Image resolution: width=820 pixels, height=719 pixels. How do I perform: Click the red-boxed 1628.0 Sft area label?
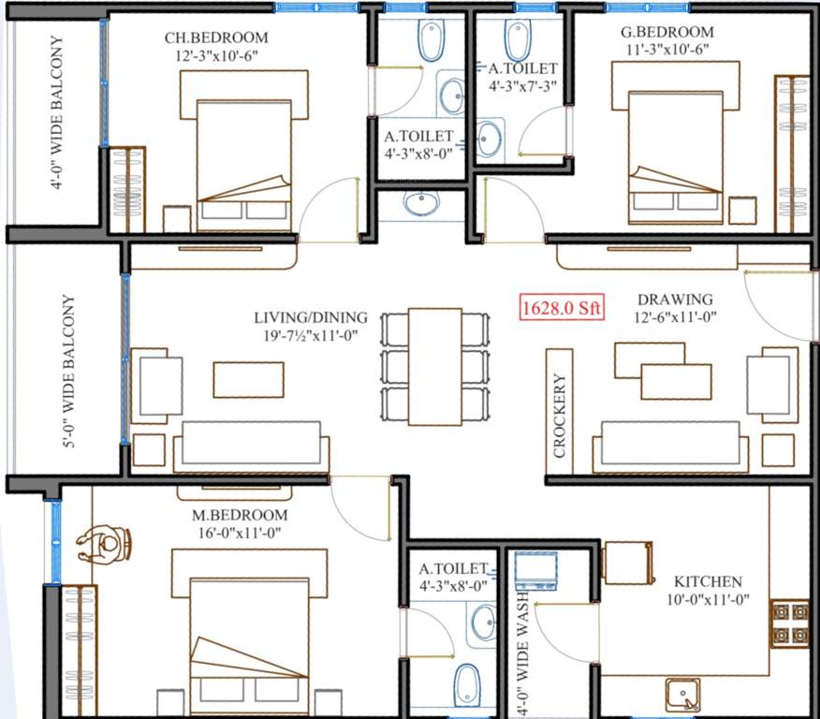tap(563, 307)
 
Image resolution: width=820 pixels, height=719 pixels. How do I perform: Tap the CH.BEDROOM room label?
tap(216, 38)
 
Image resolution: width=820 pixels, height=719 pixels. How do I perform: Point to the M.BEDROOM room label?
tap(242, 515)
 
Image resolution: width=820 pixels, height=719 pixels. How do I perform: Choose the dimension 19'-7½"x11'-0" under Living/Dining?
tap(311, 334)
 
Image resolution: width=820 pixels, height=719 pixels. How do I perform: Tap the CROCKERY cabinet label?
tap(560, 416)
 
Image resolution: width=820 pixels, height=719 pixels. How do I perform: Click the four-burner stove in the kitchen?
tap(790, 624)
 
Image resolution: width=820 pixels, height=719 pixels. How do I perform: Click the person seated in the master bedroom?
tap(106, 543)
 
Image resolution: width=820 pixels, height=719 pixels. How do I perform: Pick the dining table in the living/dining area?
tap(434, 366)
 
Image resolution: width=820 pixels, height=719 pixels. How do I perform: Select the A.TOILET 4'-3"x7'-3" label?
tap(522, 77)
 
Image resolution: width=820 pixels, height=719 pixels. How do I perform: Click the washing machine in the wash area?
tap(535, 570)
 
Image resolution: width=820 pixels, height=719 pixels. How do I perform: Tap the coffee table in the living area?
tap(248, 379)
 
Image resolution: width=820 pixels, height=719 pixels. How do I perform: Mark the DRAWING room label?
tap(675, 300)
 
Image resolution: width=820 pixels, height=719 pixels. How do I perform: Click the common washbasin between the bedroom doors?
tap(421, 203)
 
